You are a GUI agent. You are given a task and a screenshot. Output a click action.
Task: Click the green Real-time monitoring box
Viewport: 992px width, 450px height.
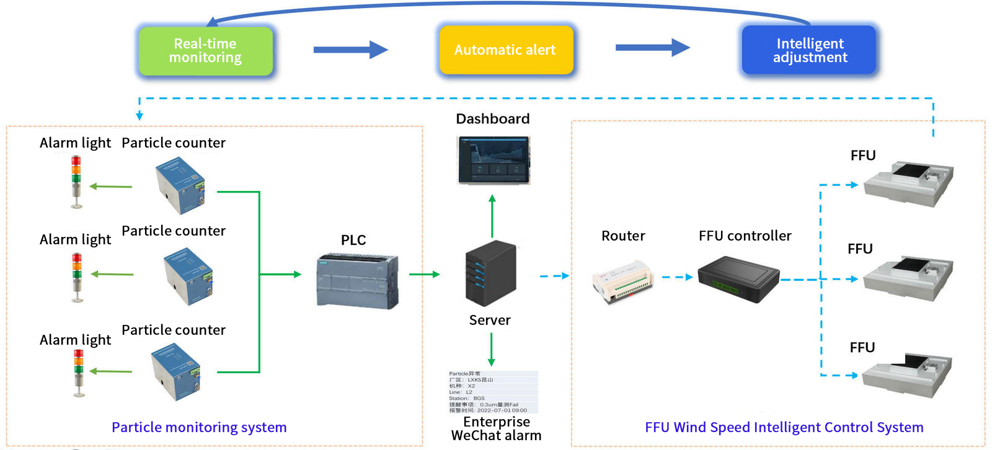205,51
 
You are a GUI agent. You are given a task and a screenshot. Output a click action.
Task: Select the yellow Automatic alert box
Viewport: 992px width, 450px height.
505,50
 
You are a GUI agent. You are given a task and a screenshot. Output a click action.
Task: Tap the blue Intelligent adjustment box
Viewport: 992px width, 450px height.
809,50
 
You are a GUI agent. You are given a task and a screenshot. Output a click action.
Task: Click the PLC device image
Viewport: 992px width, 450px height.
357,281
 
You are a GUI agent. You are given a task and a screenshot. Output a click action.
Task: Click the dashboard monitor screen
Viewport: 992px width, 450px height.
494,161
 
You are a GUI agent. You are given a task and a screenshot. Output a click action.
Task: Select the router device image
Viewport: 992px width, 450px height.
622,281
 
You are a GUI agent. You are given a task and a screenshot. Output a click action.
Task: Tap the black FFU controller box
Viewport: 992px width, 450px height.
738,279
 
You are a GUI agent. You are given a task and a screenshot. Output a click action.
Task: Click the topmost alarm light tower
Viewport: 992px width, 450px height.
76,181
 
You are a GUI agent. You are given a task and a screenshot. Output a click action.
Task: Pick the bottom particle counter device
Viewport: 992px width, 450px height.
177,372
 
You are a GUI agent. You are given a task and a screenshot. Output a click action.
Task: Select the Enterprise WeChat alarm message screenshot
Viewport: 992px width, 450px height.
493,392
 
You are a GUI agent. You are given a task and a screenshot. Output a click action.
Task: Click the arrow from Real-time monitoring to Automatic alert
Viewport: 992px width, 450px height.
350,50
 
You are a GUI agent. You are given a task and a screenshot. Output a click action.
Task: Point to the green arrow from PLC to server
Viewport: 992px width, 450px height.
424,274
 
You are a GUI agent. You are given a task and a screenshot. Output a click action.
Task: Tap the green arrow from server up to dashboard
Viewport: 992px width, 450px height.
492,216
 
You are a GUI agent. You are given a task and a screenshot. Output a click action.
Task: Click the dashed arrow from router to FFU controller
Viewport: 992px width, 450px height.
676,277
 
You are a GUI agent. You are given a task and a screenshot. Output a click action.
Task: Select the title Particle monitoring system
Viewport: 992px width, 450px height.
199,427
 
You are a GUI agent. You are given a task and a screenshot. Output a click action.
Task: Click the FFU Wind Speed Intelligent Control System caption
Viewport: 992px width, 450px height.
784,427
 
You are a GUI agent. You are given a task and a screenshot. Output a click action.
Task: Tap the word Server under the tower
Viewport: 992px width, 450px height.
490,320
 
